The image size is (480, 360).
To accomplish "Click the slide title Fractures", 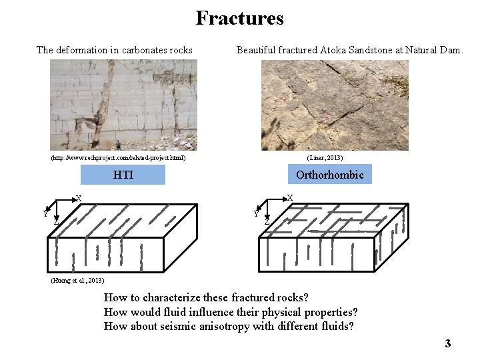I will pos(239,18).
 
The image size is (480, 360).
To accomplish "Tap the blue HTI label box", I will pos(123,175).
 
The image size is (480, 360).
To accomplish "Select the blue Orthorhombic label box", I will pos(329,175).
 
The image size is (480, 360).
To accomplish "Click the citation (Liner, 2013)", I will pos(325,158).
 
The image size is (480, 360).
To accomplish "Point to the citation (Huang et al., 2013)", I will pos(77,280).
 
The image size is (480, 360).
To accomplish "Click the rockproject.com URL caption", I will pos(118,158).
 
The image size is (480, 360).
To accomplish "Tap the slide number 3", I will pos(448,343).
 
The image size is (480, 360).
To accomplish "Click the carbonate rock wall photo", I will pos(123,105).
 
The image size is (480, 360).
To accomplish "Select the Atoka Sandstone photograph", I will pos(335,105).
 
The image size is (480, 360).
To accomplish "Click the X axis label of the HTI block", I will pos(78,198).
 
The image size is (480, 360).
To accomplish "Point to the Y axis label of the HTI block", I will pos(45,214).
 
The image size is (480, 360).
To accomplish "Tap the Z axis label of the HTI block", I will pos(56,221).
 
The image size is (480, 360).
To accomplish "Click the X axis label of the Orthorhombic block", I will pos(289,198).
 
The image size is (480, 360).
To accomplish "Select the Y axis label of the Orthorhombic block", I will pos(256,214).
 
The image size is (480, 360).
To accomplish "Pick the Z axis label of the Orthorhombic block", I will pos(267,221).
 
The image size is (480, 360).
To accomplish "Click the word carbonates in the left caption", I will pos(137,50).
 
